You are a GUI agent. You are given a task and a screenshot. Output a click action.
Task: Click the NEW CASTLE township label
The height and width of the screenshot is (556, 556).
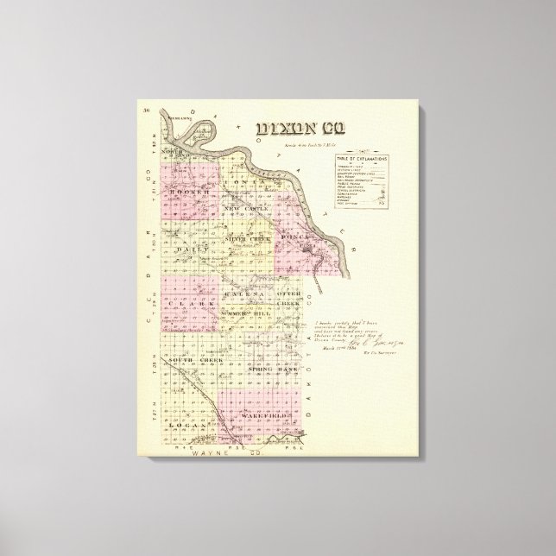246,209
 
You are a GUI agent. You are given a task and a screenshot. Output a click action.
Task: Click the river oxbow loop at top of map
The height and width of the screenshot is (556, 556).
184,123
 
